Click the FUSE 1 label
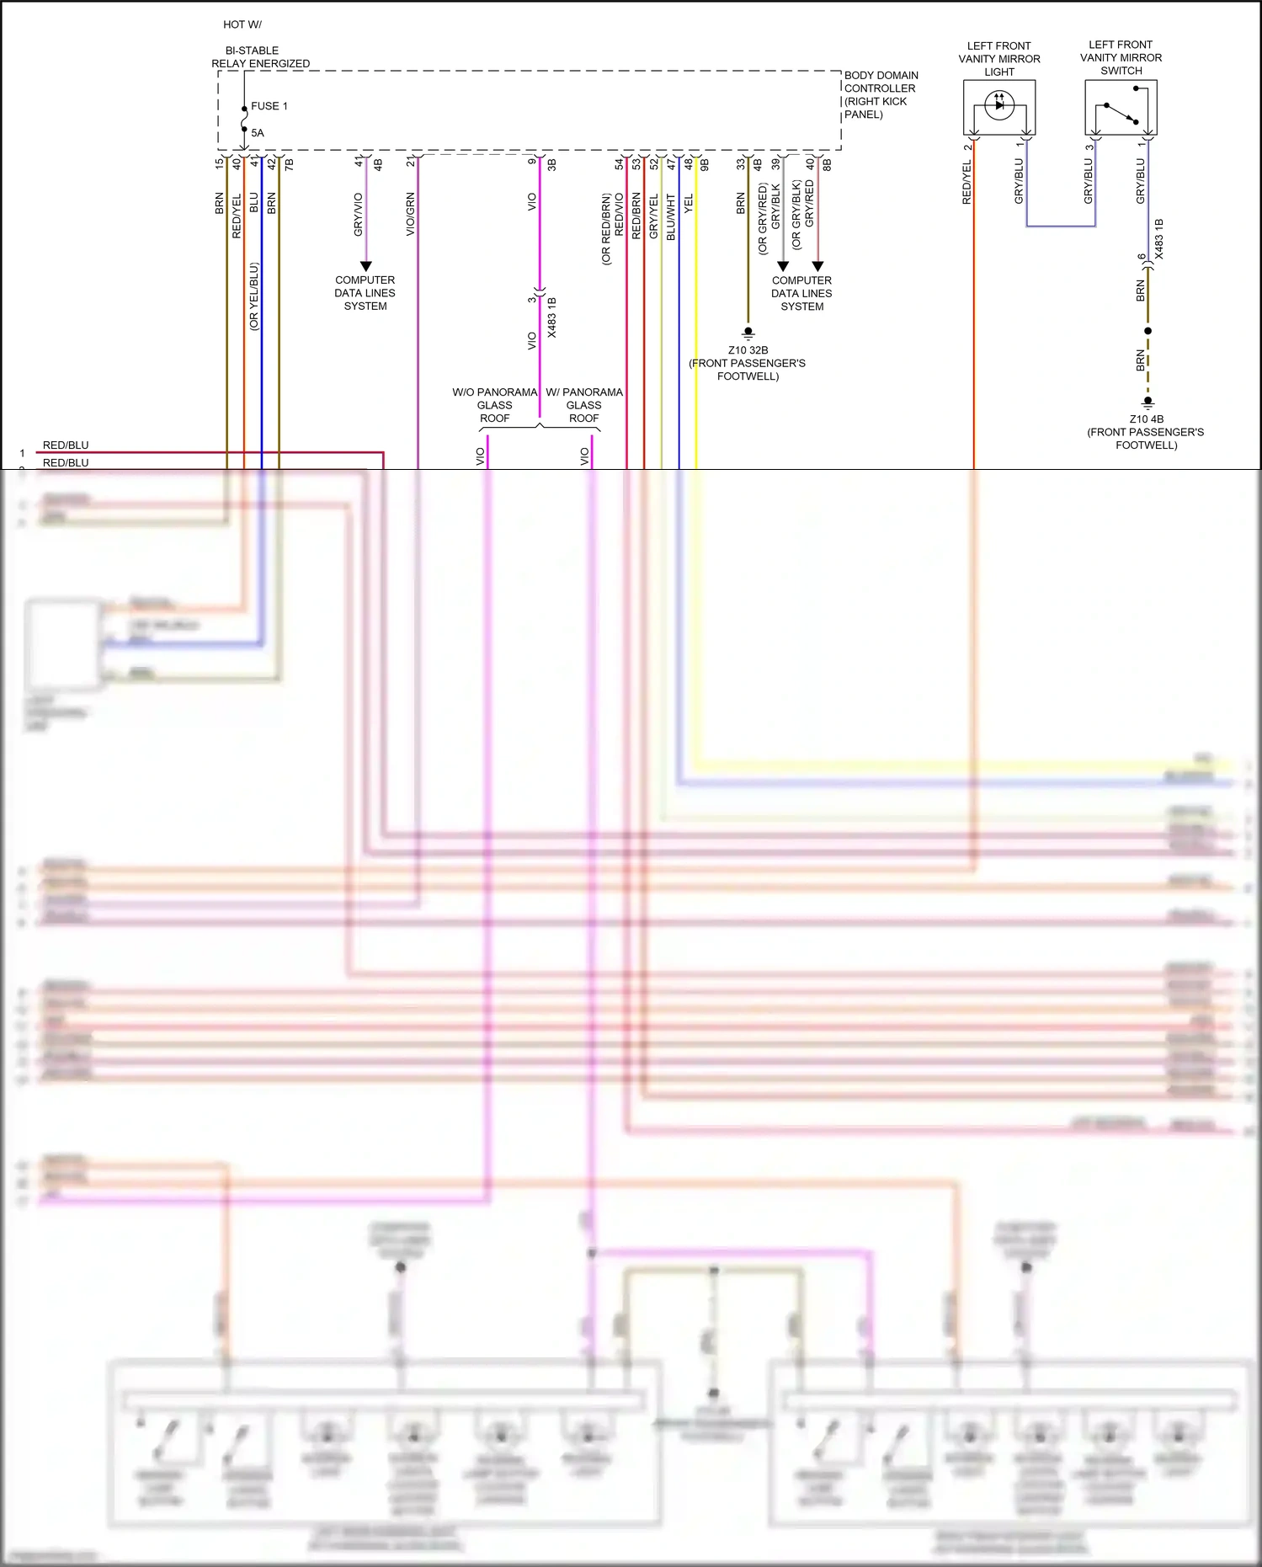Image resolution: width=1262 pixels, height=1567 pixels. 269,106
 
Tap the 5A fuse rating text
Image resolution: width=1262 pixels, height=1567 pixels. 257,133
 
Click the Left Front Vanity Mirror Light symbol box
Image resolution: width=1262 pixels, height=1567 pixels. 998,107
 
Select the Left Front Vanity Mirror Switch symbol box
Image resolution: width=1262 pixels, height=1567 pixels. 1121,107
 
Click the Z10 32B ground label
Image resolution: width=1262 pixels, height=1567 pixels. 748,350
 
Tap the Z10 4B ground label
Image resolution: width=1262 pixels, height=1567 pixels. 1146,418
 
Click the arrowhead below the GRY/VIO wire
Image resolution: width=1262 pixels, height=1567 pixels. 365,266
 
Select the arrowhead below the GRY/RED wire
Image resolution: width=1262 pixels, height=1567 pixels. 817,266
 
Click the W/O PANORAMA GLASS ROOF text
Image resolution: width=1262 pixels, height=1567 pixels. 494,405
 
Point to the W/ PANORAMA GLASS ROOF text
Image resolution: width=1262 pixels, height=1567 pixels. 584,405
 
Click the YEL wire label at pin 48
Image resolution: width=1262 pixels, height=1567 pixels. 688,203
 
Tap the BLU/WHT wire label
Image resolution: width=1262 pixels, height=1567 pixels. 671,217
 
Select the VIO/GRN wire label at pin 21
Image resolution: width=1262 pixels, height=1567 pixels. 411,214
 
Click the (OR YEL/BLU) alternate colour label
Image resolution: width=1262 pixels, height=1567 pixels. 253,296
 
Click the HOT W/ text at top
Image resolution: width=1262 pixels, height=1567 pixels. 242,24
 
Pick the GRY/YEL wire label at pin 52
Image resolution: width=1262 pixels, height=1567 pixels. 653,216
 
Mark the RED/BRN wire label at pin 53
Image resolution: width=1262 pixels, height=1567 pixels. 636,216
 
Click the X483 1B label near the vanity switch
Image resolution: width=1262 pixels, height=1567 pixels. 1159,238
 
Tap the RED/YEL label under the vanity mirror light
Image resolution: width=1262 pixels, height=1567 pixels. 966,183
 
